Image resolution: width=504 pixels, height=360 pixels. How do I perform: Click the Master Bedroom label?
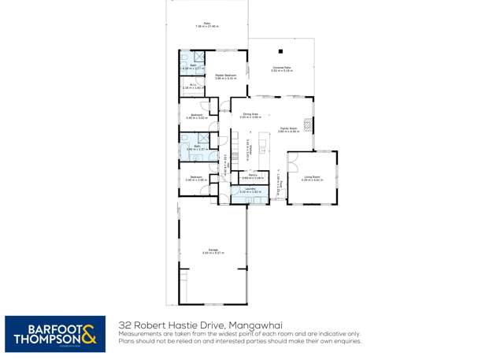226,76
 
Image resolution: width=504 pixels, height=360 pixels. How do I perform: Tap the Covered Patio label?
283,69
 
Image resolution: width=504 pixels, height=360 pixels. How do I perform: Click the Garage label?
213,251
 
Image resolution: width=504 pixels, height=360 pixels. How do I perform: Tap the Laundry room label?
250,190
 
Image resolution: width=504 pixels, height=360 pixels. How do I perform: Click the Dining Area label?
250,115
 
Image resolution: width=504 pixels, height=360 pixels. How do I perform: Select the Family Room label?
288,129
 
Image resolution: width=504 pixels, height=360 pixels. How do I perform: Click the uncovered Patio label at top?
206,24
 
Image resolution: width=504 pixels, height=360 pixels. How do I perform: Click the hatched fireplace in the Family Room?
309,124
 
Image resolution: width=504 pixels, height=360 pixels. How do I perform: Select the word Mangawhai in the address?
254,325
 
